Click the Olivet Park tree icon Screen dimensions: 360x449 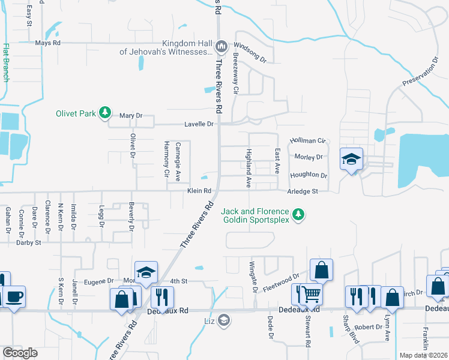(105, 113)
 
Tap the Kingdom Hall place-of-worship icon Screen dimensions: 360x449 (221, 46)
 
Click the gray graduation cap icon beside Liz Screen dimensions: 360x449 (224, 320)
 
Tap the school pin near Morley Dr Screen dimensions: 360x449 (351, 160)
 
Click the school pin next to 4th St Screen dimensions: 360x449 (146, 273)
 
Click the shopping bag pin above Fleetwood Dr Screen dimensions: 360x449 (321, 270)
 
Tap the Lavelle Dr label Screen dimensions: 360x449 (198, 124)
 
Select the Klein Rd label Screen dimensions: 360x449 (199, 191)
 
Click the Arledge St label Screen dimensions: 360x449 (301, 191)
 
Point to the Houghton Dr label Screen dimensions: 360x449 (309, 176)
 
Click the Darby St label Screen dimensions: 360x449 (28, 243)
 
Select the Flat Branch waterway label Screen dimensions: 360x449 (6, 62)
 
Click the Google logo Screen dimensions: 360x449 (20, 352)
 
